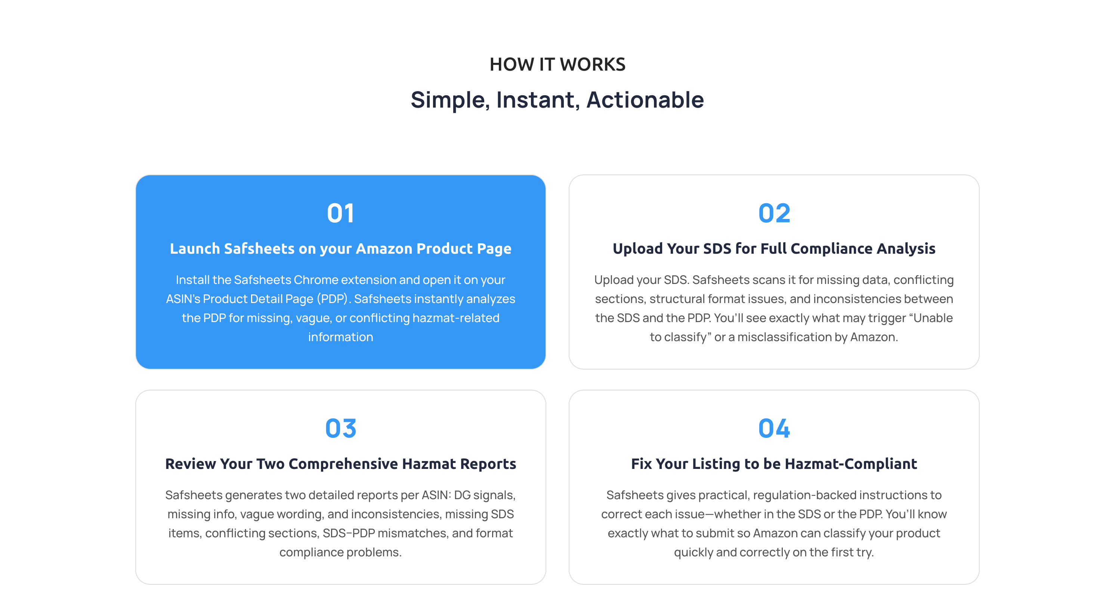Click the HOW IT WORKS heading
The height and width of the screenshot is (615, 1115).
557,65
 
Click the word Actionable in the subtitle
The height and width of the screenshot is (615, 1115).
645,100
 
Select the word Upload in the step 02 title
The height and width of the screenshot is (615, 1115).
637,248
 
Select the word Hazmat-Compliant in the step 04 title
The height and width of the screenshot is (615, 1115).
850,464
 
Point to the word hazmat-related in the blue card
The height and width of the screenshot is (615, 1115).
456,318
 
